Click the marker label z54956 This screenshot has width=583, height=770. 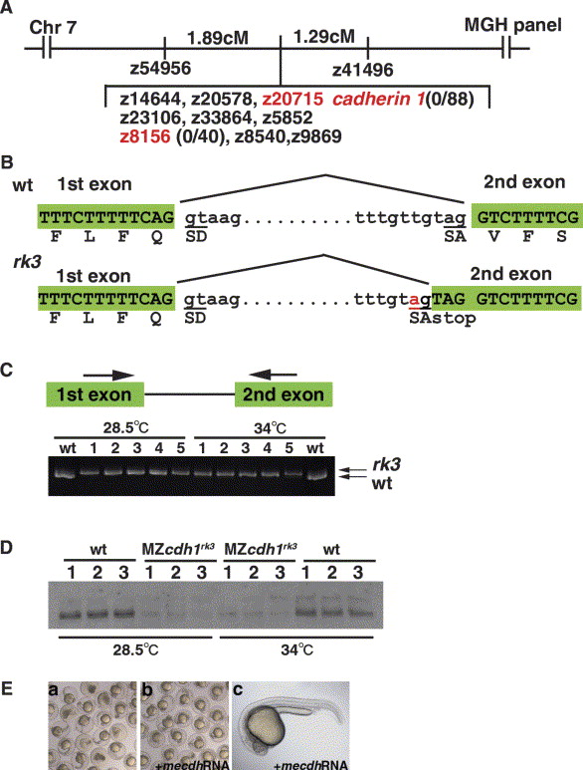160,68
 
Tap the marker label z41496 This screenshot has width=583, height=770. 363,70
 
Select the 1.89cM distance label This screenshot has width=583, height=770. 218,38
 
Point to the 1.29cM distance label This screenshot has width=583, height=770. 323,36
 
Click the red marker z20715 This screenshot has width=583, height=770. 292,100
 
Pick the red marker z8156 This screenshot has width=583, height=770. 145,136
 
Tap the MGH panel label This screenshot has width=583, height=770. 513,25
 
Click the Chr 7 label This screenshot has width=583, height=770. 53,27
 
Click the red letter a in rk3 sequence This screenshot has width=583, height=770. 415,300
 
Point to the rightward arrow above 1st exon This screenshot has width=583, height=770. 108,376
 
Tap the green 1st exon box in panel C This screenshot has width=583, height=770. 96,394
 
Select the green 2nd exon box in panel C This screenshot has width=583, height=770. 284,394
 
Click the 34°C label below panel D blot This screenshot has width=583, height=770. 297,650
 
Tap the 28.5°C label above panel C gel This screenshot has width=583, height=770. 126,427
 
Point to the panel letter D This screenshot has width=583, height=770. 6,548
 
